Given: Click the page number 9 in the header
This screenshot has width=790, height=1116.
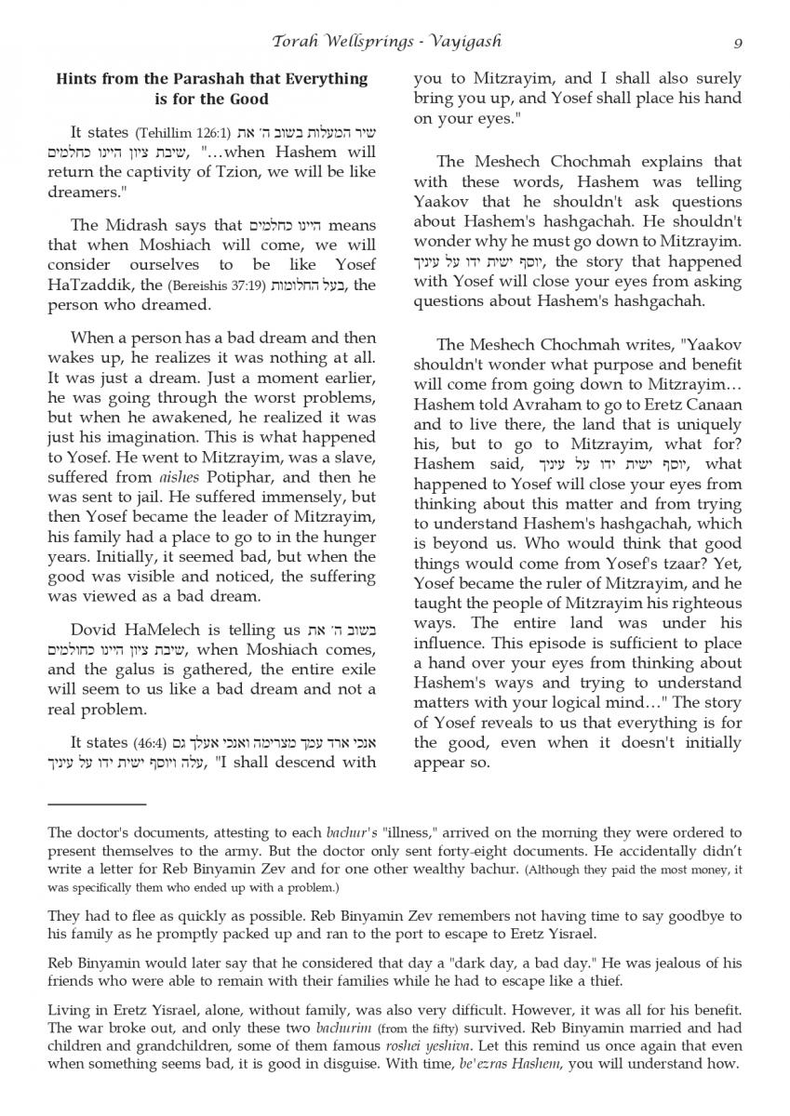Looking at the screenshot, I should coord(737,42).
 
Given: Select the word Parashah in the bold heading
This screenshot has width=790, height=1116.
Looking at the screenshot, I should coord(244,80).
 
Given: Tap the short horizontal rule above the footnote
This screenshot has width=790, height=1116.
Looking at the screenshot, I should coord(97,804).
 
